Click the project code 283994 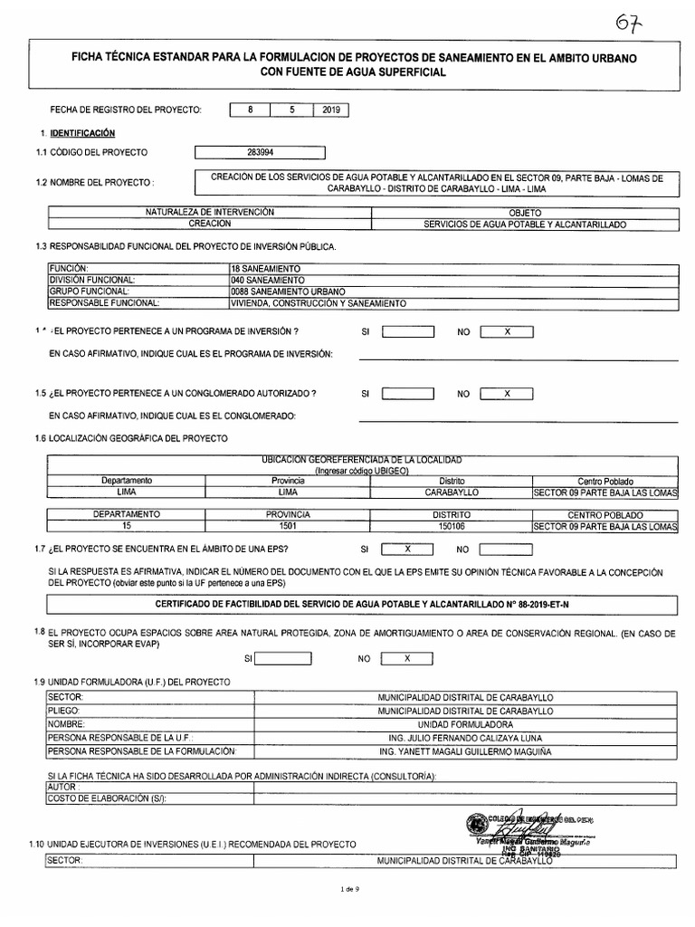(261, 152)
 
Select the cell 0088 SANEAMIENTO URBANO (288, 291)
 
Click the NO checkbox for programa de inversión (507, 332)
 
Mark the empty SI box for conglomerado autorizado (408, 394)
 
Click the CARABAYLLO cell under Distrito (452, 493)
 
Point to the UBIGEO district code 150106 (452, 525)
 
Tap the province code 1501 (288, 525)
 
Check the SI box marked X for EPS (408, 549)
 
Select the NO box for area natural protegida (407, 658)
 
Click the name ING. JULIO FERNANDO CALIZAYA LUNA (452, 738)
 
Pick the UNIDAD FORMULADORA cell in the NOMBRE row (452, 725)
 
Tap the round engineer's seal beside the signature (474, 823)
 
